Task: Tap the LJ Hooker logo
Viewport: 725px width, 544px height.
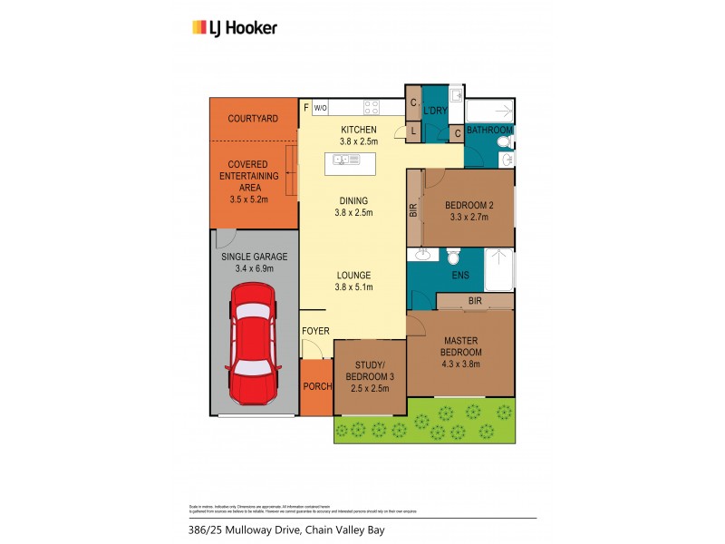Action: pyautogui.click(x=235, y=28)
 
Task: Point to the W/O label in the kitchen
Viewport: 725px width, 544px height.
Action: pyautogui.click(x=321, y=108)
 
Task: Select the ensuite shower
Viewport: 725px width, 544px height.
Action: pyautogui.click(x=498, y=269)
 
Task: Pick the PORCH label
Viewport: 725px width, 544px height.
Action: pyautogui.click(x=316, y=387)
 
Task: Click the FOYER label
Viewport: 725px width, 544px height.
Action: pyautogui.click(x=315, y=331)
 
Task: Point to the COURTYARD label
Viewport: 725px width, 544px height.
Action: pyautogui.click(x=253, y=119)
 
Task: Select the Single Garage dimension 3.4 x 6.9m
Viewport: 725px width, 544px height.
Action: pyautogui.click(x=253, y=268)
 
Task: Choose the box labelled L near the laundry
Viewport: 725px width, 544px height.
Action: pyautogui.click(x=413, y=132)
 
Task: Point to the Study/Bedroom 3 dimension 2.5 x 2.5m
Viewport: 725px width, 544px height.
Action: pyautogui.click(x=370, y=388)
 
